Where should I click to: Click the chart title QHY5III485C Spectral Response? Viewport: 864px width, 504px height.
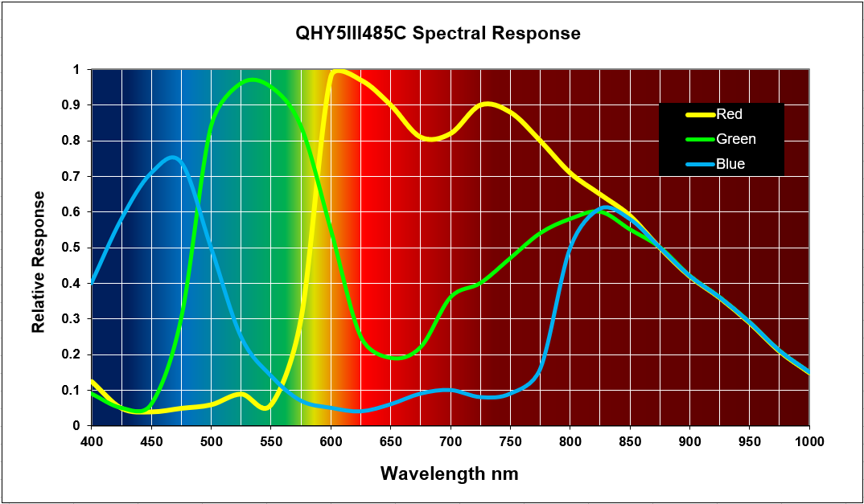coord(438,34)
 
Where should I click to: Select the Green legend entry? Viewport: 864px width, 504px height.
coord(735,139)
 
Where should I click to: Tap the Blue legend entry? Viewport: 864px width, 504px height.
coord(730,164)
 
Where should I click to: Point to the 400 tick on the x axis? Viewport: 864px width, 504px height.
coord(92,440)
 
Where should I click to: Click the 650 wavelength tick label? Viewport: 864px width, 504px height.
coord(391,440)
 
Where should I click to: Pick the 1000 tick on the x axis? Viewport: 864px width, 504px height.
coord(808,440)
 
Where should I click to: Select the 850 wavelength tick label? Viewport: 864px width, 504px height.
coord(630,440)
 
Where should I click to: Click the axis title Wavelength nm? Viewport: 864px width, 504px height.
coord(450,473)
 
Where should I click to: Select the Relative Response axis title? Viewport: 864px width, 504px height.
coord(39,262)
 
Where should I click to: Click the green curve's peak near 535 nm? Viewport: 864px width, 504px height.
coord(253,80)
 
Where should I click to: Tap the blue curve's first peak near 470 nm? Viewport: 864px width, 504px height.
coord(174,158)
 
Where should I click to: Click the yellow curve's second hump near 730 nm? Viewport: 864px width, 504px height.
coord(488,104)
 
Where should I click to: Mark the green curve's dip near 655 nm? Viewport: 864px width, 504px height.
coord(397,358)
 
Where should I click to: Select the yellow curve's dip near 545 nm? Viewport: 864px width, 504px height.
coord(265,408)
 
